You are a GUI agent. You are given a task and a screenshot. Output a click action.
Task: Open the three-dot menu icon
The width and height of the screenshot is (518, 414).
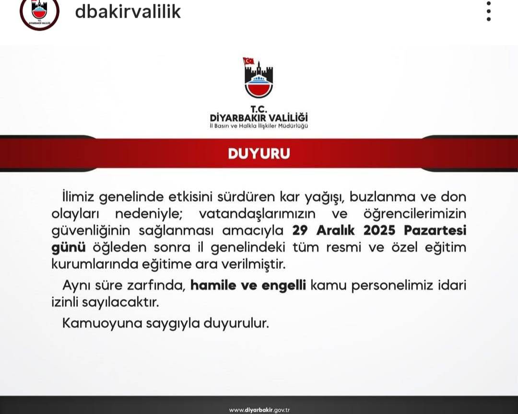pyautogui.click(x=488, y=11)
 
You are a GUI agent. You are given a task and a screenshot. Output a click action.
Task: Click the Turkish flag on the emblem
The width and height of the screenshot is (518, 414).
pyautogui.click(x=248, y=61)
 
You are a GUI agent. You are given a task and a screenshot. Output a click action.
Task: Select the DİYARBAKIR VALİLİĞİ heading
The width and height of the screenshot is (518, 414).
pyautogui.click(x=259, y=117)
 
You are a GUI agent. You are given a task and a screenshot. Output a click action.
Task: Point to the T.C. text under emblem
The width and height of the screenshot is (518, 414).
pyautogui.click(x=259, y=108)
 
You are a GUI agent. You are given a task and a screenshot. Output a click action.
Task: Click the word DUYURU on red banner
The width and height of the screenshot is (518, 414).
pyautogui.click(x=259, y=154)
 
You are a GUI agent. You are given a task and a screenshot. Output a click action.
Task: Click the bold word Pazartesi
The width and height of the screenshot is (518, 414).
pyautogui.click(x=436, y=230)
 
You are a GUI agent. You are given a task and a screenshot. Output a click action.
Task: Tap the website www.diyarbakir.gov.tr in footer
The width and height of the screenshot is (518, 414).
pyautogui.click(x=259, y=410)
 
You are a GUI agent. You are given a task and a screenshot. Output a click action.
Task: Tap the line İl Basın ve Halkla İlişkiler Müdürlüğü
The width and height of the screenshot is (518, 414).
pyautogui.click(x=259, y=126)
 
